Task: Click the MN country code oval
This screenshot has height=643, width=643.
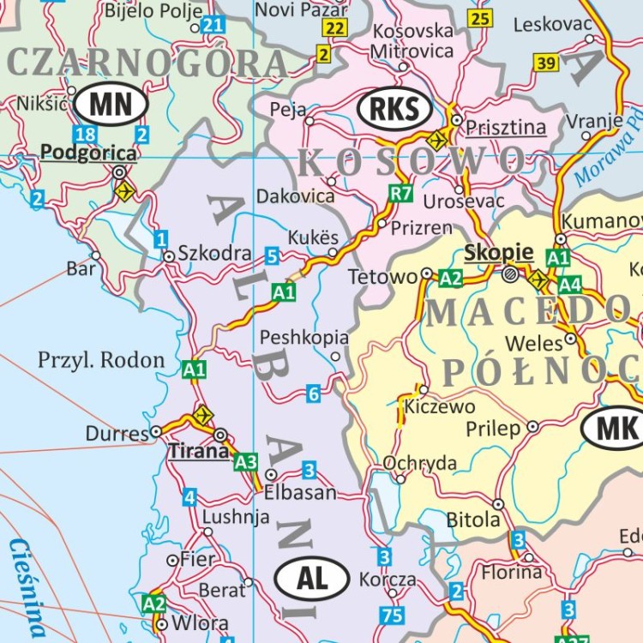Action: pos(111,105)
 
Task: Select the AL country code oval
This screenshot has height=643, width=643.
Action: pos(312,579)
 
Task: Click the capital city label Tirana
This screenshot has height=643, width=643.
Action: pos(199,451)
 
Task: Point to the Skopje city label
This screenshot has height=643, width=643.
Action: pos(498,253)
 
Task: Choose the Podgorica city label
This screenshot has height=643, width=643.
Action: pos(88,153)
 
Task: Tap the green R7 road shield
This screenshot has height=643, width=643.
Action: pos(400,193)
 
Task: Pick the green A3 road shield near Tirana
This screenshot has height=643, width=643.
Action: pos(246,462)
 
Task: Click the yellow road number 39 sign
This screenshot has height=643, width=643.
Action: pos(545,63)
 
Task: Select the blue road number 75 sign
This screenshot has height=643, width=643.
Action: pos(392,614)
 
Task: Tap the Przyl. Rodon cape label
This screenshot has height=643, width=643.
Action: pos(100,359)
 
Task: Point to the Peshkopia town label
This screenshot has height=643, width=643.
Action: pos(304,337)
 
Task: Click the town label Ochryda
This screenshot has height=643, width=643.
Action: pos(420,463)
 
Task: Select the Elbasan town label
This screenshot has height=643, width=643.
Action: pos(300,493)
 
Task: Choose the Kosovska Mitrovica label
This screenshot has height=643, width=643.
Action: pos(412,41)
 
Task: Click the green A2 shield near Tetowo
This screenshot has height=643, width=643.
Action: pos(451,277)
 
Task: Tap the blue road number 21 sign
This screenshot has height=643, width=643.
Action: pos(213,25)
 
